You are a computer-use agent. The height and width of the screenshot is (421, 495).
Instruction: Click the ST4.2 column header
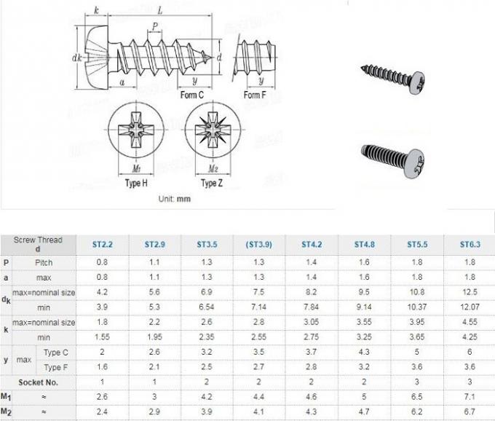coord(313,244)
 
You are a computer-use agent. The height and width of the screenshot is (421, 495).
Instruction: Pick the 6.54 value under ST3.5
coord(206,308)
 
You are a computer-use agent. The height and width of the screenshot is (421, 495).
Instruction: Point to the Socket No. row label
coord(39,382)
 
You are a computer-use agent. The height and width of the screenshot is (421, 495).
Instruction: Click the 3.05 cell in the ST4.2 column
coord(313,323)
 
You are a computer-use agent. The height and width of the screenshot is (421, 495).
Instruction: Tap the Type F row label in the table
coord(57,367)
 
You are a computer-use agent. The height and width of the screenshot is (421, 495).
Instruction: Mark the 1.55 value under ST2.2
coord(102,338)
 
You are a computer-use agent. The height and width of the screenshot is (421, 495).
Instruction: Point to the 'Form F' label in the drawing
coord(254,95)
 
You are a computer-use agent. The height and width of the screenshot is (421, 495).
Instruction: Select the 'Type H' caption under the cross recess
coord(136,184)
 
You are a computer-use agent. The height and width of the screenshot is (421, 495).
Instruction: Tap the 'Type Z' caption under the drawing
coord(211,184)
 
